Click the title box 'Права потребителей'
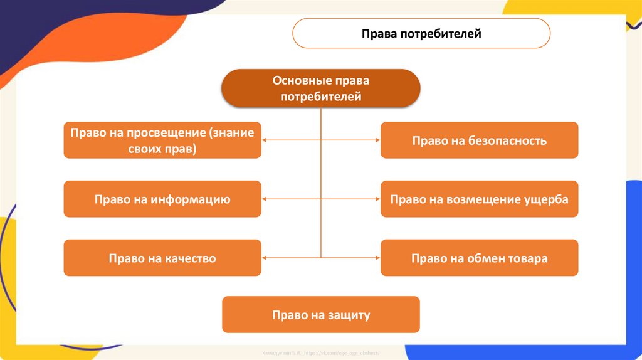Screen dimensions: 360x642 coord(421,33)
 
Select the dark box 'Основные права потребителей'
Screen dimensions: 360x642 coord(320,88)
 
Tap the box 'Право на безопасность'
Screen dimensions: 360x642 coord(479,140)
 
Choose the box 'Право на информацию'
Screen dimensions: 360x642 coord(162,199)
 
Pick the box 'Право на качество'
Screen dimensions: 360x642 coord(162,258)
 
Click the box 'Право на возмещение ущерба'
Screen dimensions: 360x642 coord(479,199)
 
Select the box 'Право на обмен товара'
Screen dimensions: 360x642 coord(479,258)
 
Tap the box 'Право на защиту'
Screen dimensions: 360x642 coord(320,314)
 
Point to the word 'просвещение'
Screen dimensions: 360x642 coord(166,133)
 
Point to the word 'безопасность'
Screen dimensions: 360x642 coord(507,140)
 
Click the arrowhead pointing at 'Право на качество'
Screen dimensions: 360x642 coord(265,258)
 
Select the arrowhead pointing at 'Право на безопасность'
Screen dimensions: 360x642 coord(377,140)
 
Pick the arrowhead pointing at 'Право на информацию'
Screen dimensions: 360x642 coord(265,199)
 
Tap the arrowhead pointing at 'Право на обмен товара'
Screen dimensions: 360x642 coord(377,258)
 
